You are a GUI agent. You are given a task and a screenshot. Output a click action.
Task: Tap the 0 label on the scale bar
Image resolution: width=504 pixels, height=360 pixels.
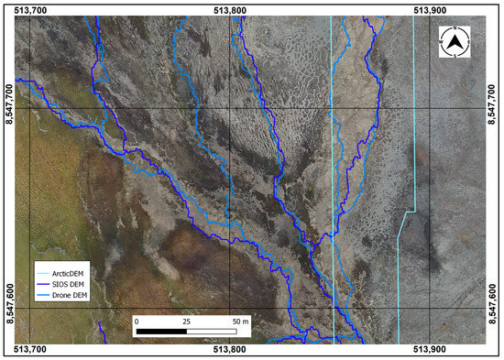point(136,322)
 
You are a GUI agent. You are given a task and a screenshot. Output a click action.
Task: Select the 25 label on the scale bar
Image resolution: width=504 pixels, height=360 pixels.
point(188,322)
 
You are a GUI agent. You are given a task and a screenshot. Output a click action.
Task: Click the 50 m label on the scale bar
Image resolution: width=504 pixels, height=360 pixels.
point(241,322)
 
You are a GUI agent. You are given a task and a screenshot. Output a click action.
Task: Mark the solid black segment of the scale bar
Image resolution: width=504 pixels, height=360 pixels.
point(161,332)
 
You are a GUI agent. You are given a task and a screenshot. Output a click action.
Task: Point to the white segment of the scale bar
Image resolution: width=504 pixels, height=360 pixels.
point(214,332)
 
